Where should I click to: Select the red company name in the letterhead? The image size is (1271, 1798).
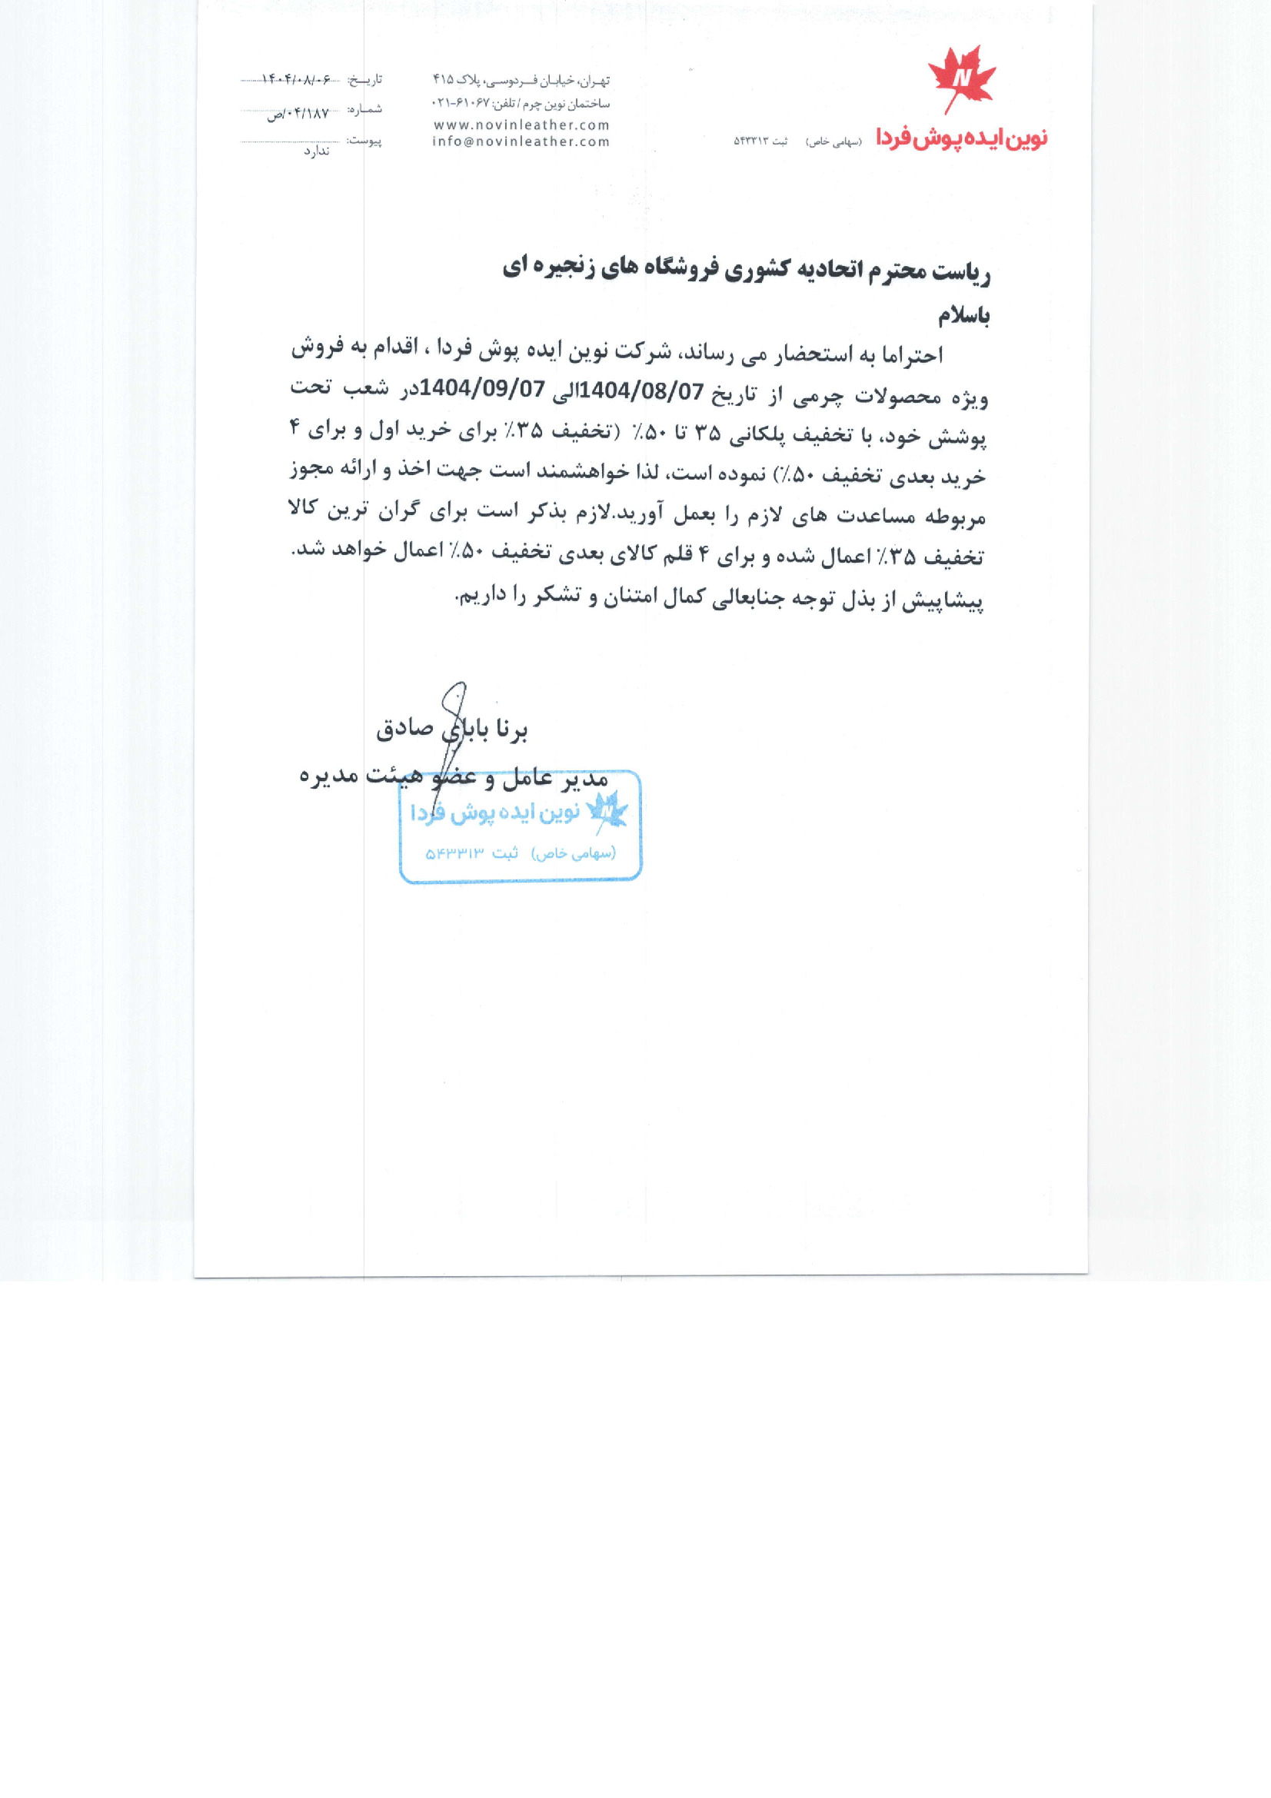click(x=961, y=138)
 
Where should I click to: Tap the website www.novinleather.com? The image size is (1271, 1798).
click(x=521, y=125)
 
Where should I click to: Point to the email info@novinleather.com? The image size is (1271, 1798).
click(x=521, y=141)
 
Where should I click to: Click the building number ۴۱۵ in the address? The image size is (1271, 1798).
click(x=443, y=80)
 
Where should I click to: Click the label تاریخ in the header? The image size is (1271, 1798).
click(x=366, y=80)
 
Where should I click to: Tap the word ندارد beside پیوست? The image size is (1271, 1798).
click(x=316, y=151)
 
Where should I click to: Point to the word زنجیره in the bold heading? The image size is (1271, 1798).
click(x=567, y=268)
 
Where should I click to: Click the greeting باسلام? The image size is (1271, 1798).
click(x=964, y=316)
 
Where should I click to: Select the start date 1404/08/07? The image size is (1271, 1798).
click(x=643, y=391)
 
